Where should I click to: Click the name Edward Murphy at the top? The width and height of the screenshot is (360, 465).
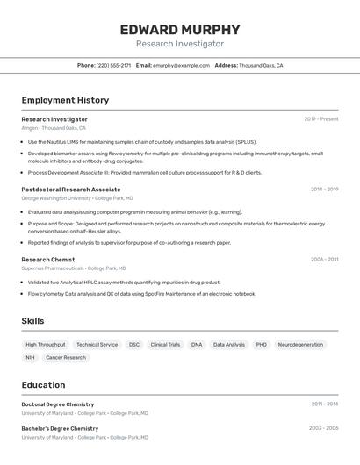(179, 29)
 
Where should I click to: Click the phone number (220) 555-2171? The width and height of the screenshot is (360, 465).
(113, 65)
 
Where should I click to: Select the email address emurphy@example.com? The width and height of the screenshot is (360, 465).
(181, 65)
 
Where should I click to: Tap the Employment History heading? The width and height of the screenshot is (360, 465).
(65, 101)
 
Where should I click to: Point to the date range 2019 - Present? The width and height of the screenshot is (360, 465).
(321, 119)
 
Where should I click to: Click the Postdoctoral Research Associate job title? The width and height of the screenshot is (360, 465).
(71, 190)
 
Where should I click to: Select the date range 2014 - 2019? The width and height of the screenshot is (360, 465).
(324, 190)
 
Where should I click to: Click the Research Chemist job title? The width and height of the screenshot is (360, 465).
(48, 260)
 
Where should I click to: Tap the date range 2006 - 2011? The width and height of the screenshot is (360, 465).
(324, 260)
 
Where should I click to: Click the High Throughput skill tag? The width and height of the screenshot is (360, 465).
(46, 345)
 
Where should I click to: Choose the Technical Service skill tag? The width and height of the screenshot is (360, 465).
(97, 345)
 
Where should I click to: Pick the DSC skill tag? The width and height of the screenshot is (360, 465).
(134, 345)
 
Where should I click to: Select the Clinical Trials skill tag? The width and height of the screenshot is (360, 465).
(165, 345)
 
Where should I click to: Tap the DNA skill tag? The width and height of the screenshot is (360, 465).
(197, 345)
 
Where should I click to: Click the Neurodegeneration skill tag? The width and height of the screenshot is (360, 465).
(300, 345)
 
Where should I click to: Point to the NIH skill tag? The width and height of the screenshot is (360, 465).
(31, 358)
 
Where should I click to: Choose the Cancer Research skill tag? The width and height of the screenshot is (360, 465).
(66, 358)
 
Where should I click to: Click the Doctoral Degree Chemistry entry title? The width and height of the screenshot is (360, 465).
(58, 404)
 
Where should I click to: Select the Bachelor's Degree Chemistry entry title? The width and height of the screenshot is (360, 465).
(60, 428)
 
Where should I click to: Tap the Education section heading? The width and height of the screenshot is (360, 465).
(43, 385)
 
